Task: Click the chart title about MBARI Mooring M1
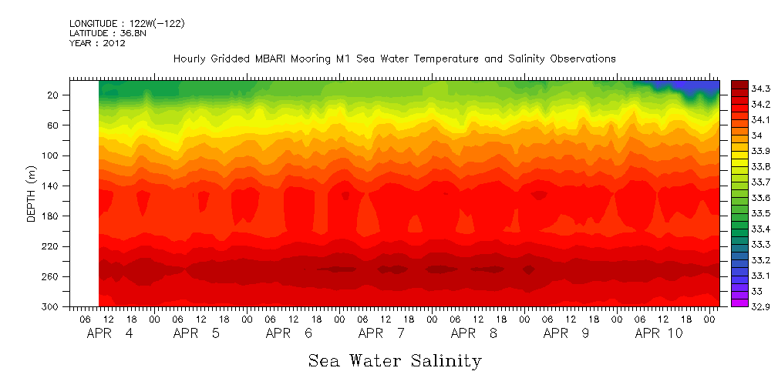point(394,59)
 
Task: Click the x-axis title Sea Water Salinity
point(395,360)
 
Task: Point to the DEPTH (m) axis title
point(32,196)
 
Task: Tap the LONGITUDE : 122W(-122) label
point(127,24)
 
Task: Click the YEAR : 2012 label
point(97,44)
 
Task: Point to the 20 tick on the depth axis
point(54,95)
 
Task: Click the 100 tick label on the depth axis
point(52,156)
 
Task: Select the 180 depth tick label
point(52,216)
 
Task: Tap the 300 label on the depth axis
point(52,307)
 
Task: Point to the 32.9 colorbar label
point(759,307)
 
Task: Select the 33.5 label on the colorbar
point(759,213)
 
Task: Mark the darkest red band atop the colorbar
point(739,84)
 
